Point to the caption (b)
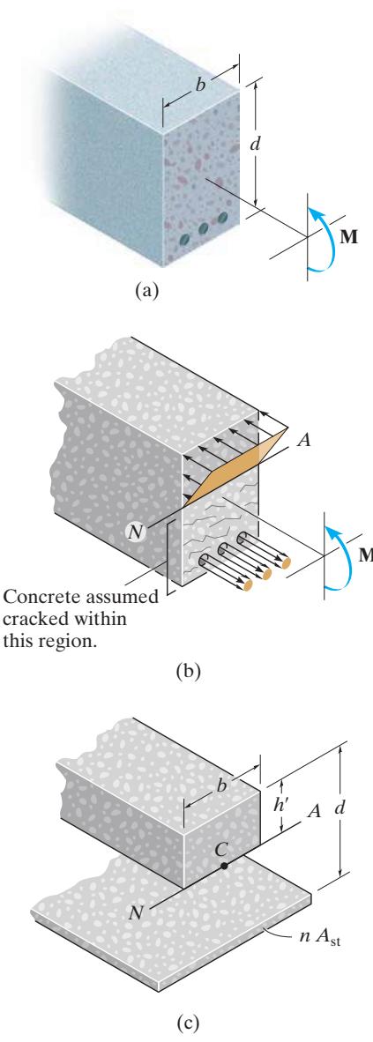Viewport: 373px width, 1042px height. click(188, 672)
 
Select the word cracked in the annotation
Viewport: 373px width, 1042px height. click(30, 619)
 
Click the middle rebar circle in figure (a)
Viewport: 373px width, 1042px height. click(204, 228)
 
